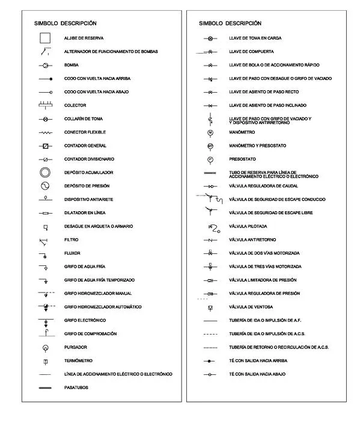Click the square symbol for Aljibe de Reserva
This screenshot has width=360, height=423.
pos(45,39)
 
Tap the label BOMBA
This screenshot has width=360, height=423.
pos(72,65)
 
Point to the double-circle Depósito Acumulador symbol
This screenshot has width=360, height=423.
pos(45,173)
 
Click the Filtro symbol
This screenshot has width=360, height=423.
pos(44,241)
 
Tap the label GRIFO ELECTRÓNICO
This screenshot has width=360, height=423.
pos(85,320)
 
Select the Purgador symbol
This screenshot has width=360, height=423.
pos(45,348)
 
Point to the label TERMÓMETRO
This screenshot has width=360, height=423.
pos(78,361)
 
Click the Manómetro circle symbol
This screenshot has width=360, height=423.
pos(210,132)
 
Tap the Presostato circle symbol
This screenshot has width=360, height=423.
pos(210,159)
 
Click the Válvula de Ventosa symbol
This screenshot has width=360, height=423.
pos(210,307)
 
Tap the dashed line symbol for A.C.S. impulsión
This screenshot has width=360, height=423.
pos(210,334)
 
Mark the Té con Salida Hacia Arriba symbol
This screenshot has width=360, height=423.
pos(210,361)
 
